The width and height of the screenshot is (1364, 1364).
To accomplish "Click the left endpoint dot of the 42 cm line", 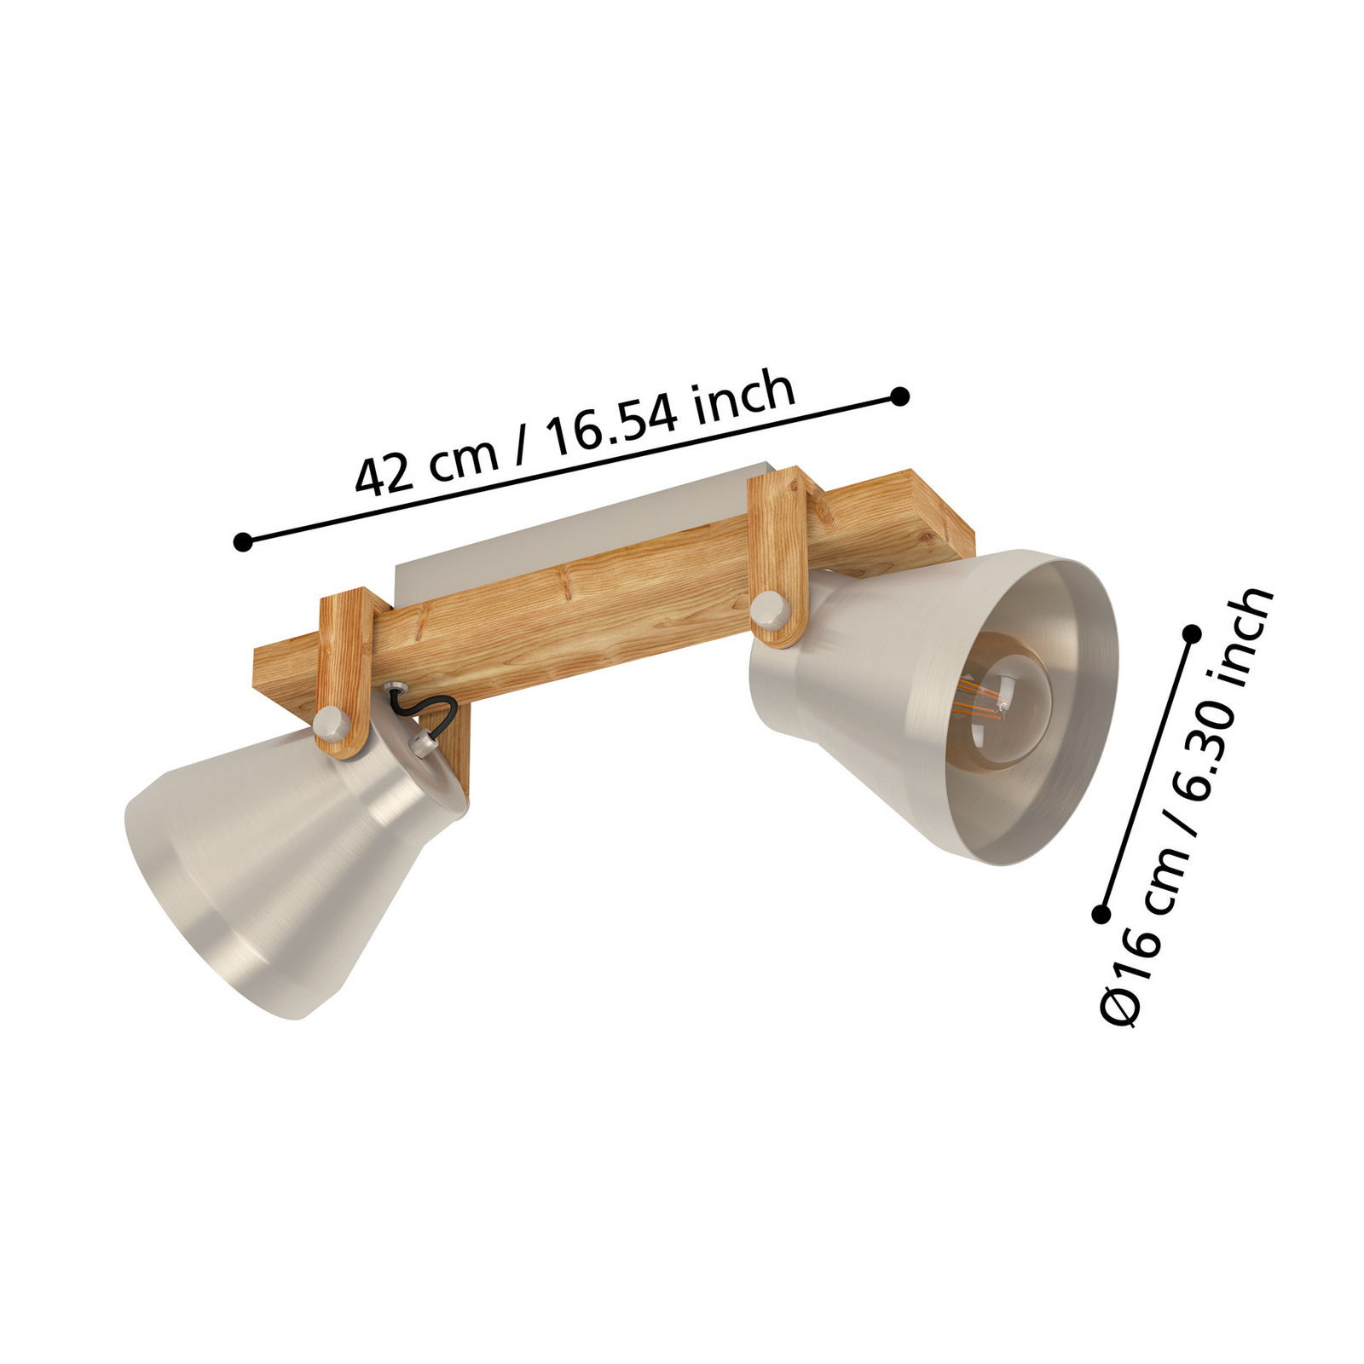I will tap(243, 540).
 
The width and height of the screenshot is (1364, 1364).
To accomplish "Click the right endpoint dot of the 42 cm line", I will tap(899, 396).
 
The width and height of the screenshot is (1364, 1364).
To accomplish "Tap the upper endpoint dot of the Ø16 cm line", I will tap(1192, 633).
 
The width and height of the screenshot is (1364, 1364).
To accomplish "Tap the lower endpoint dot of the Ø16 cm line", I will tap(1101, 914).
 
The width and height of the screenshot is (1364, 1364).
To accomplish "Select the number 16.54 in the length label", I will tap(611, 426).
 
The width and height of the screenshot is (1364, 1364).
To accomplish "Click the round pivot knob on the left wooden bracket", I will tap(331, 725).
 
